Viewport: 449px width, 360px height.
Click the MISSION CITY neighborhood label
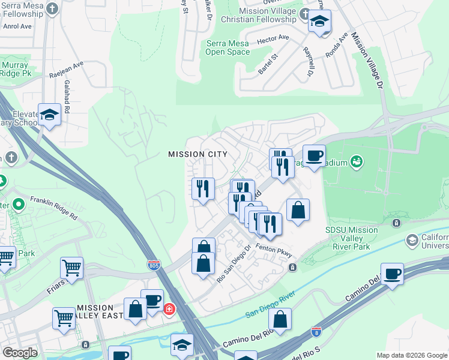(197, 154)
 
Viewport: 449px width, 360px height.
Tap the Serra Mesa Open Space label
(228, 47)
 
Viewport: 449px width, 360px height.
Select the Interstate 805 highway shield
(155, 264)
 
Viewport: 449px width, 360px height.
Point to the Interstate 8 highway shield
(317, 330)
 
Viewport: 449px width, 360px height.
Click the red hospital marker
(170, 310)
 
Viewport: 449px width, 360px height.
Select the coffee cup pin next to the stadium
(314, 155)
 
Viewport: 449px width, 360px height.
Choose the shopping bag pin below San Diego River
(280, 319)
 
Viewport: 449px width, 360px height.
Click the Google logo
(20, 353)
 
